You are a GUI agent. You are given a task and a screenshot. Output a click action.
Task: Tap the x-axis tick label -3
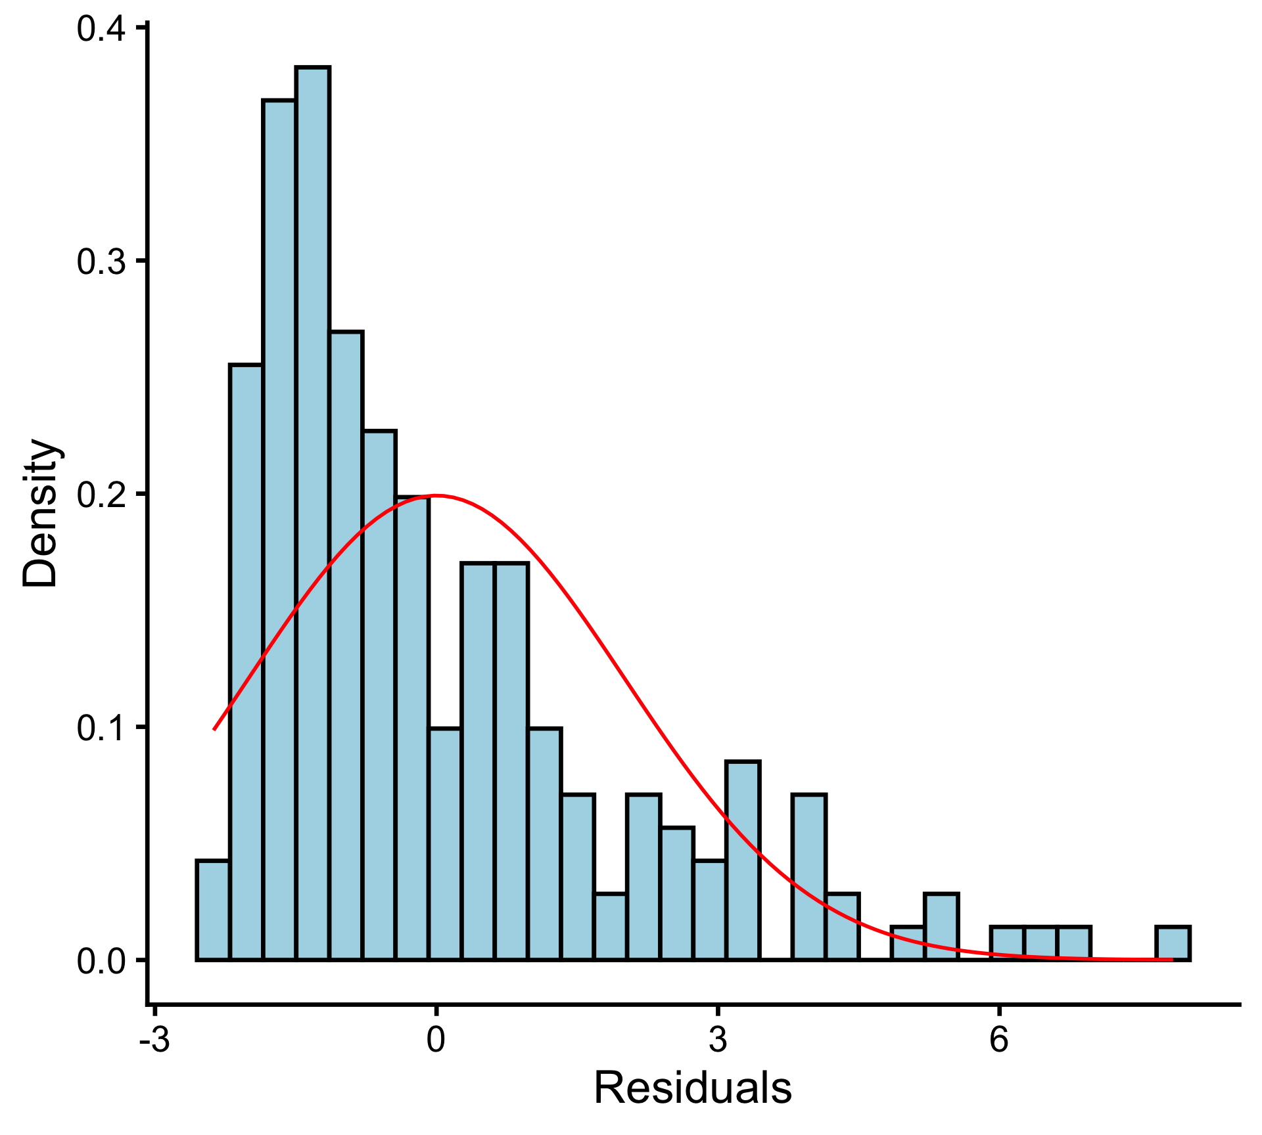(x=155, y=1040)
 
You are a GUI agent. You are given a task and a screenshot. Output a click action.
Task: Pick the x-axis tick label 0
(x=436, y=1040)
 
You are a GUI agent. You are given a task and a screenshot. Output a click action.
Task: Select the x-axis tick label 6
(x=999, y=1040)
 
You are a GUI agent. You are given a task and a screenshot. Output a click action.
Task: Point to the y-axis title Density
(x=41, y=512)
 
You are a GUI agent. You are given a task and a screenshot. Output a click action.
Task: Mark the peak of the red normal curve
(x=436, y=495)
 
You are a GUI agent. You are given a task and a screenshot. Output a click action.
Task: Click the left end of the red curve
(x=215, y=728)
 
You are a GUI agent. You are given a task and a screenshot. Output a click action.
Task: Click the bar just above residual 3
(x=743, y=860)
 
